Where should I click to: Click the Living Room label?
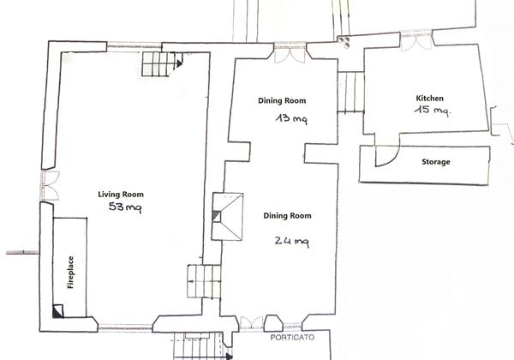121,195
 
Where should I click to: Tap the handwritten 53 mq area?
125,207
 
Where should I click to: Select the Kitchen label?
429,99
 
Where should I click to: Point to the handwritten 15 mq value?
432,110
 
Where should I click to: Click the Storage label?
436,162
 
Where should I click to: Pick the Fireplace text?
70,272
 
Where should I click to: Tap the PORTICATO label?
292,337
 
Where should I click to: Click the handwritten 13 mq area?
291,118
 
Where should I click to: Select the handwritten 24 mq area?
292,242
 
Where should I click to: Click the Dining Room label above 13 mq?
282,100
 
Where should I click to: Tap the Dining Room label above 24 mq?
287,216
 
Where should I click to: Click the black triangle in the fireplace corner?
57,312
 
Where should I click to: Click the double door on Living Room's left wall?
51,186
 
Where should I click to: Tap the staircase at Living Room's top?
162,64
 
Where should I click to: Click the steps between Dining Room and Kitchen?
350,92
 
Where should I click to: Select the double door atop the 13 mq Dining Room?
290,53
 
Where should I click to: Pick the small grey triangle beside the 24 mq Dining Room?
217,216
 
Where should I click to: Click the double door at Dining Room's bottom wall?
251,322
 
